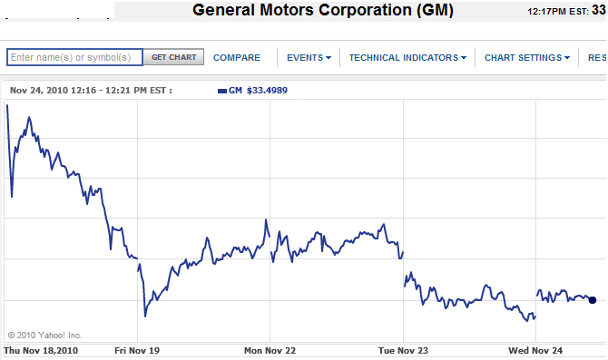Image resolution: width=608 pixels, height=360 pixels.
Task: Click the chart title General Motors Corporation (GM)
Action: (323, 12)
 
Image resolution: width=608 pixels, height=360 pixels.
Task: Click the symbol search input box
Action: (74, 57)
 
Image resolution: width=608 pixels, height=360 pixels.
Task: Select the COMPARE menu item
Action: (237, 57)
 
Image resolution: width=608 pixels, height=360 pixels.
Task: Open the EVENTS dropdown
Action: (309, 57)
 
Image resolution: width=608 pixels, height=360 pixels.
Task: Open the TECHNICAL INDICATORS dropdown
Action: (407, 57)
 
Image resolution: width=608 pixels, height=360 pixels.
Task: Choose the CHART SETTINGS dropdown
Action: (527, 57)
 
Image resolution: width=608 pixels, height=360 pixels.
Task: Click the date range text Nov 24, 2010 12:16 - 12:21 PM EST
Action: (91, 91)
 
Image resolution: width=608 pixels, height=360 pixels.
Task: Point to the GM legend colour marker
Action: (222, 91)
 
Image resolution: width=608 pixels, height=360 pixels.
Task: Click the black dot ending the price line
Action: (593, 300)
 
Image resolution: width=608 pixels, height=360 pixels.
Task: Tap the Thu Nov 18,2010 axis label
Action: (42, 350)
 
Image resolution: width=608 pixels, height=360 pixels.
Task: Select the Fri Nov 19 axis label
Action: (137, 350)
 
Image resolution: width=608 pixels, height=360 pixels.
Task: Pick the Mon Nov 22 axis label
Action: (270, 350)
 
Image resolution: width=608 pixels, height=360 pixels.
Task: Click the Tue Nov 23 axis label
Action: (403, 350)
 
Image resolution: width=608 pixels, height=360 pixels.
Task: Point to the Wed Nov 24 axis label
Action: (536, 350)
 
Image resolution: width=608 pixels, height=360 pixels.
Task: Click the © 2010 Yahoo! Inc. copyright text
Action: (44, 335)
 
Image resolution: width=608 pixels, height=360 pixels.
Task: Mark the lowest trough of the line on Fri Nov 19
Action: (145, 316)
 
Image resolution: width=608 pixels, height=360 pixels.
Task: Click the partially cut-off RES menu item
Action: (596, 57)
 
